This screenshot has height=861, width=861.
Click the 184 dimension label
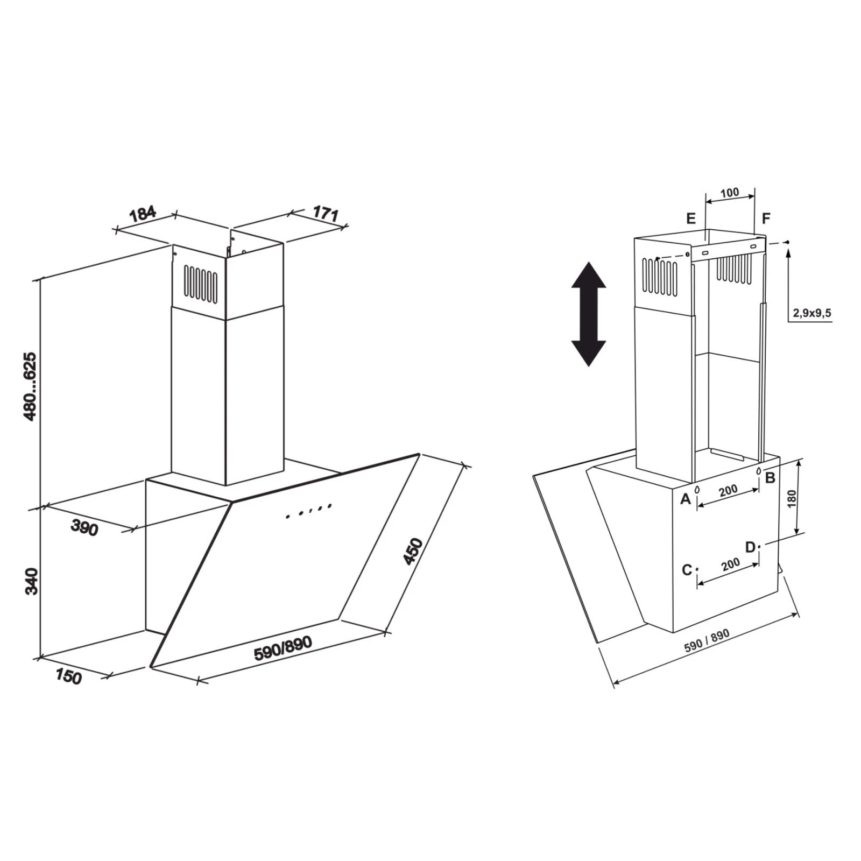(143, 213)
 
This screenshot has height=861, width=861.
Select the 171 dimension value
(326, 213)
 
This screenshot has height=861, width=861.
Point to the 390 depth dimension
(84, 528)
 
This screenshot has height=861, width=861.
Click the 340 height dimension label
(32, 581)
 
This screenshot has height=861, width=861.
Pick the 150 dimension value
(68, 676)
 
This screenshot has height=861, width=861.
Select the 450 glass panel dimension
(413, 551)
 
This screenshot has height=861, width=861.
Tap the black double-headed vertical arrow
(588, 314)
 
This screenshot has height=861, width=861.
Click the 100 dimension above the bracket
(730, 193)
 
